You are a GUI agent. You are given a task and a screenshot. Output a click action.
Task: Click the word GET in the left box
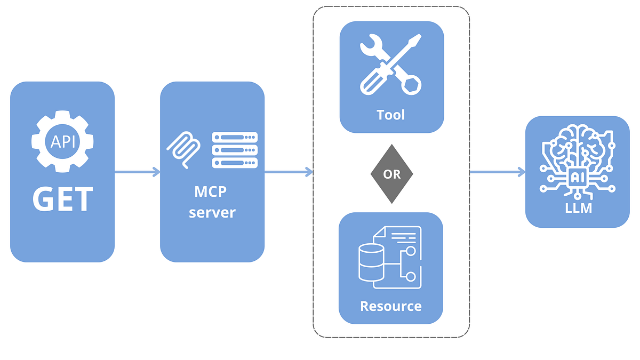pos(62,199)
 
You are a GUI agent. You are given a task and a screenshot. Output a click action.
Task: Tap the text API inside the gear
pos(62,142)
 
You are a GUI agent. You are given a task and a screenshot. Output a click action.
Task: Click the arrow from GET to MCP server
pos(137,172)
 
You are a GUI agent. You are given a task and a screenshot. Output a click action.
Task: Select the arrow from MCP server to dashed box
pos(288,172)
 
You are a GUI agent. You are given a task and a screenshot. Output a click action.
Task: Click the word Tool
pos(391,115)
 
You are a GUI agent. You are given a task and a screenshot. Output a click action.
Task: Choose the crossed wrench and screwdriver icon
pos(390,64)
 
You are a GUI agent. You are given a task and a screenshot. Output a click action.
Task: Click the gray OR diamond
pos(391,174)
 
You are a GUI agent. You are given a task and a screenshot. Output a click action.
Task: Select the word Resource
pos(391,306)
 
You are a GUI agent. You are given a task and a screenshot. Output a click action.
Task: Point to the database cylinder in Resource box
pos(371,263)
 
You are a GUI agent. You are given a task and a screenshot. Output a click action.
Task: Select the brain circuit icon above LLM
pos(577,157)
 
